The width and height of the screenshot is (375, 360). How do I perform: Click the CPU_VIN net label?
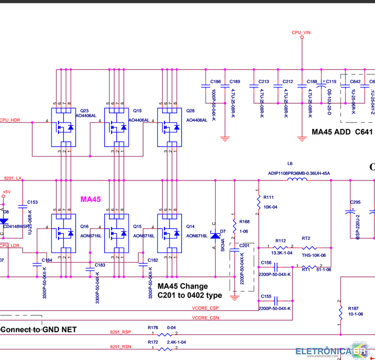coord(301,33)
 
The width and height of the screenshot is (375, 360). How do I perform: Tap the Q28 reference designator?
coord(190,110)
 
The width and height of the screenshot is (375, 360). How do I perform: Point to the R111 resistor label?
coord(268,197)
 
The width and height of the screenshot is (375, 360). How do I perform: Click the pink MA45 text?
coord(90,199)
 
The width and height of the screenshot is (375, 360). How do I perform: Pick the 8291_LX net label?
coord(13,178)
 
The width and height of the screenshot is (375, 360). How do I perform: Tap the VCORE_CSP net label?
coord(205,308)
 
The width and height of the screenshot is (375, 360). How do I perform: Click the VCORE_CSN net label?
coord(205,318)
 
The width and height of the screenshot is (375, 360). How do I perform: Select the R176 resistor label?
coord(153,327)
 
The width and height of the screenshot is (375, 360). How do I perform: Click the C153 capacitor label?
coord(33,202)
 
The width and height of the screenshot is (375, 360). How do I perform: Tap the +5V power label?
coord(6,191)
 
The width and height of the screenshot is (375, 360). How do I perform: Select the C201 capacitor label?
coord(244,245)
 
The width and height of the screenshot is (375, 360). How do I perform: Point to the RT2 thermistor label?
coord(306,238)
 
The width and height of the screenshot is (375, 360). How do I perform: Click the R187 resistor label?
coord(353,308)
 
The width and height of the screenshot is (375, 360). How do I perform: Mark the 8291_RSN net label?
coord(120,346)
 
